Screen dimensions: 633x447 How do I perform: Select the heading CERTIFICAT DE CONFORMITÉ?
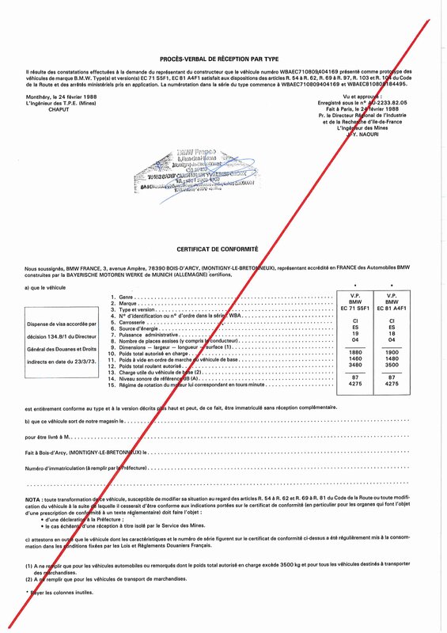click(x=223, y=248)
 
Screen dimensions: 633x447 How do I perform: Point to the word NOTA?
click(x=35, y=501)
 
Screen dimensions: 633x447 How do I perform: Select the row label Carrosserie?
click(x=135, y=321)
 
